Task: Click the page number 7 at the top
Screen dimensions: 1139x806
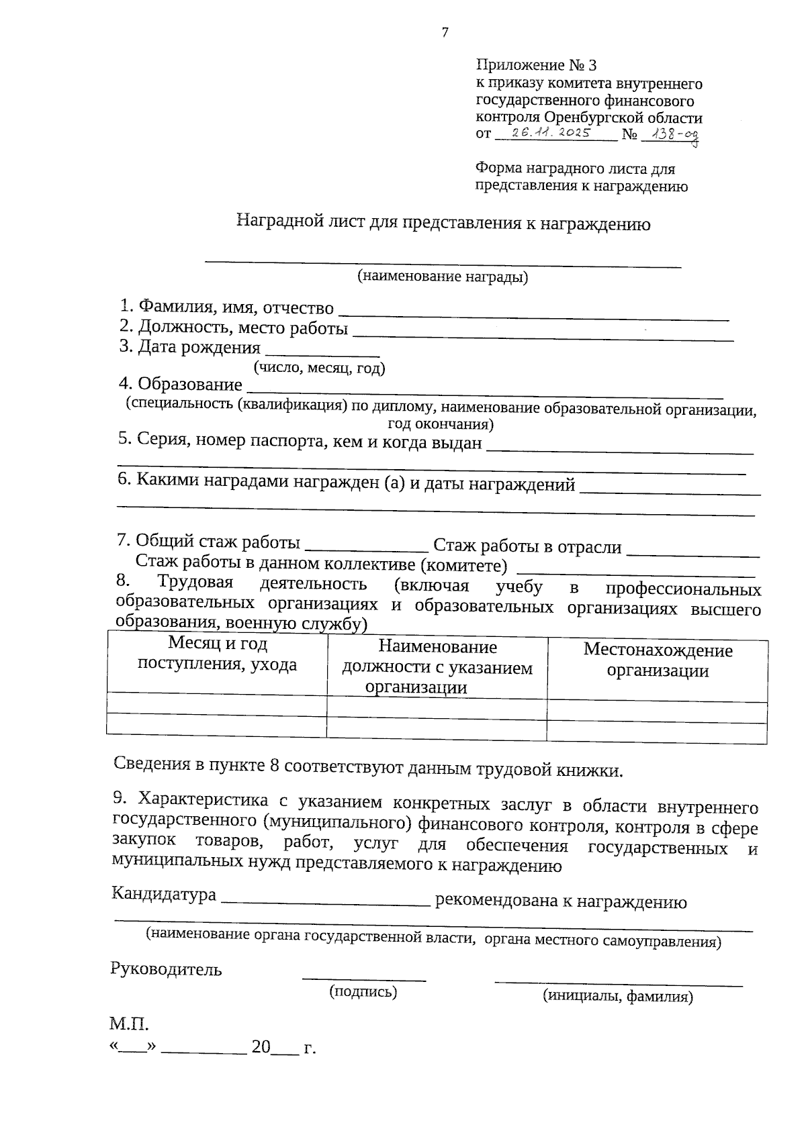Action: coord(444,32)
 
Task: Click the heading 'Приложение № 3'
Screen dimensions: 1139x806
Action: coord(535,65)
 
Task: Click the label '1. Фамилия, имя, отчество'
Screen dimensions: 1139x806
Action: coord(226,307)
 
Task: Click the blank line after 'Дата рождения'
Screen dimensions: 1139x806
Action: coord(322,350)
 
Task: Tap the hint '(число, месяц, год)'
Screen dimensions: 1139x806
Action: coord(318,367)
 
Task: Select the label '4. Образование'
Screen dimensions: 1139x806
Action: coord(180,385)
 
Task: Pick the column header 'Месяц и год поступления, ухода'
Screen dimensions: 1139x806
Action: coord(217,654)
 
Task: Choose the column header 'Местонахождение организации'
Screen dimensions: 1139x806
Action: coord(658,660)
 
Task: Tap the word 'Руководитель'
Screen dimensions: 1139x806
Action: coord(166,969)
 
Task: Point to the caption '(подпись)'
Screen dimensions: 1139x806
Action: coord(363,991)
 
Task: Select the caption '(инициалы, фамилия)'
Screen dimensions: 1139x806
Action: coord(617,997)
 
